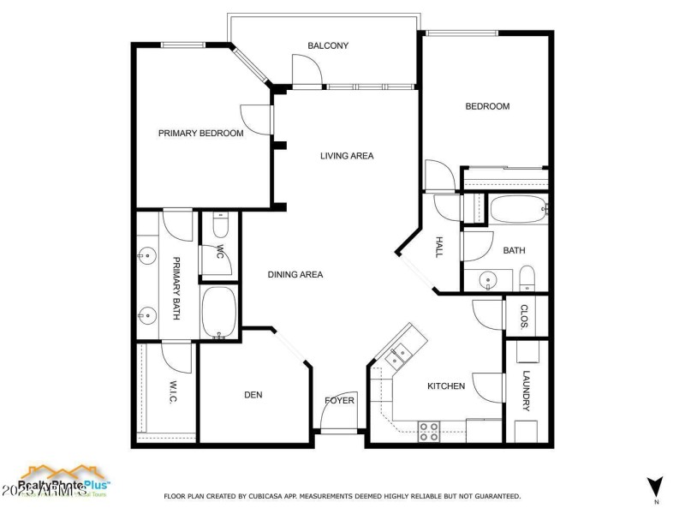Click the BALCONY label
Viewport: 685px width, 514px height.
328,45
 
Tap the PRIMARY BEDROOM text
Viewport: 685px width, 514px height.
200,134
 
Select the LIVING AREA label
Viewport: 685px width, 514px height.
347,156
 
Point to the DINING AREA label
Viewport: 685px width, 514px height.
295,275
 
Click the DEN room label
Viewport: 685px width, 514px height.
253,395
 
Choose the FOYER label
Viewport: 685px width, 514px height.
339,400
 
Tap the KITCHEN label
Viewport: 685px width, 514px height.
446,386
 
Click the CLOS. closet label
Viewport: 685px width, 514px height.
525,316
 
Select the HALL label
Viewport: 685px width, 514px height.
438,248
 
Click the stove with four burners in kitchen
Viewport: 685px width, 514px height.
429,431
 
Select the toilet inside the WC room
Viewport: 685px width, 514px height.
219,225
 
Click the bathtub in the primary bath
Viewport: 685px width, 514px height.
219,313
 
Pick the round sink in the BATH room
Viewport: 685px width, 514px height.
487,279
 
